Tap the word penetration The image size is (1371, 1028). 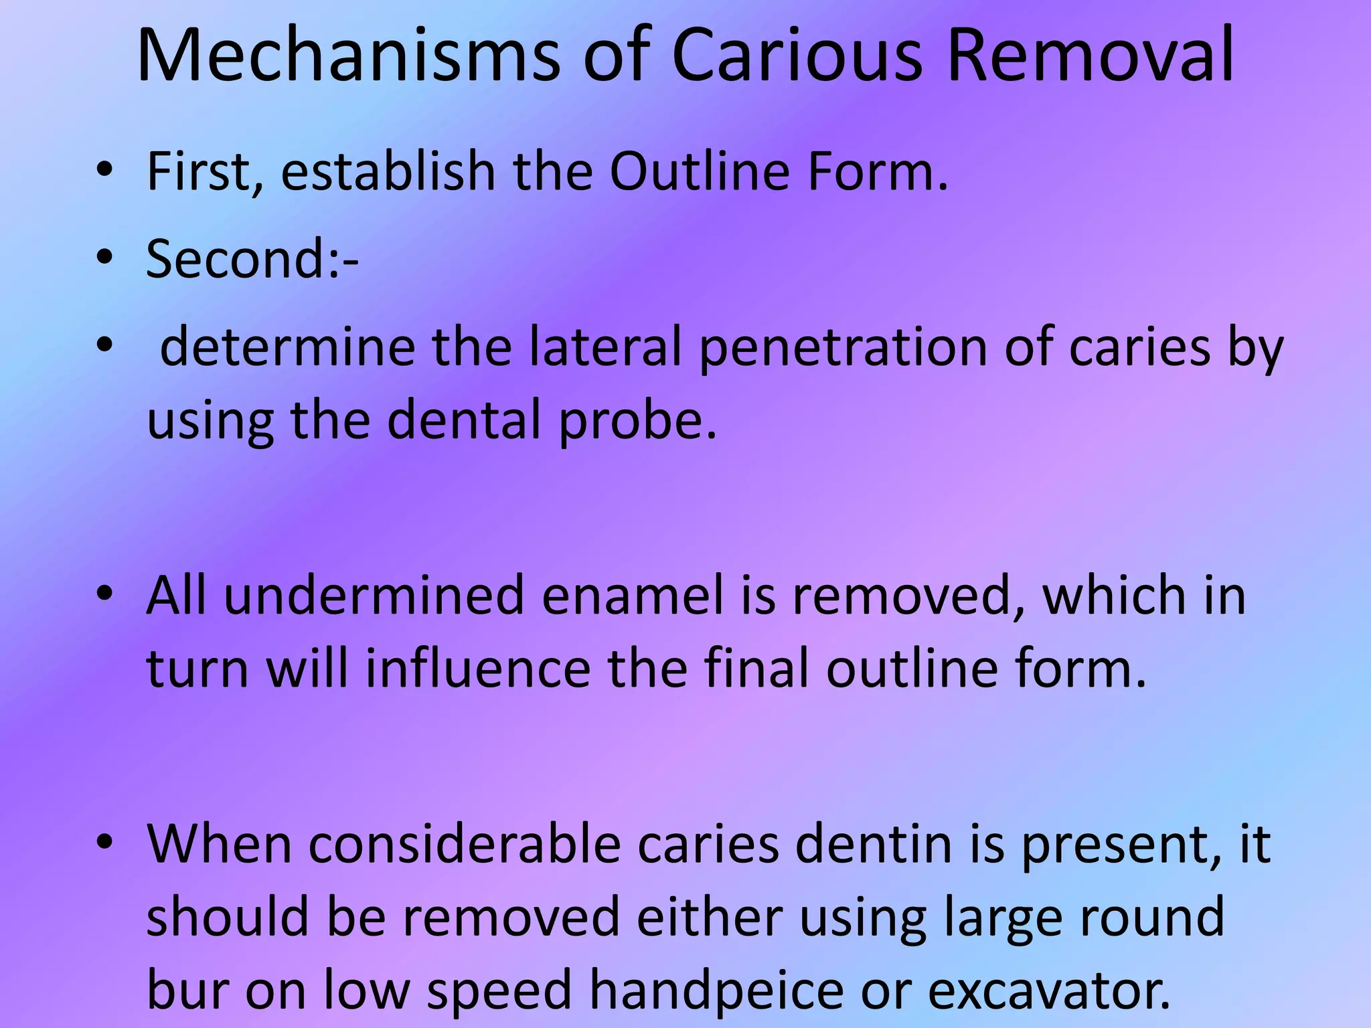[843, 348]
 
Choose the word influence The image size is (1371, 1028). [478, 669]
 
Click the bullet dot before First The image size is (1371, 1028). [104, 170]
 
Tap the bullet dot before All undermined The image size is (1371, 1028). [104, 594]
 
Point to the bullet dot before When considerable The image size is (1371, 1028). [104, 843]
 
